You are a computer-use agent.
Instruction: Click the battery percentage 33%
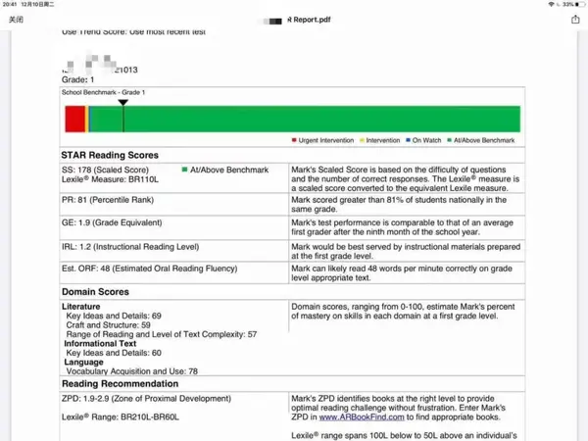pos(568,5)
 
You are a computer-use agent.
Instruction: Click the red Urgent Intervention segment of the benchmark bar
pos(75,119)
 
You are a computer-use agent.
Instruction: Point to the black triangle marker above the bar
pos(122,103)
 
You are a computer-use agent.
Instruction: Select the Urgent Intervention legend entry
pos(323,141)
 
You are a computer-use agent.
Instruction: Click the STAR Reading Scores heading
pos(110,156)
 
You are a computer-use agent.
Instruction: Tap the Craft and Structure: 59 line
pos(108,324)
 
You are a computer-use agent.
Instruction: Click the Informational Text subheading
pos(102,343)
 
